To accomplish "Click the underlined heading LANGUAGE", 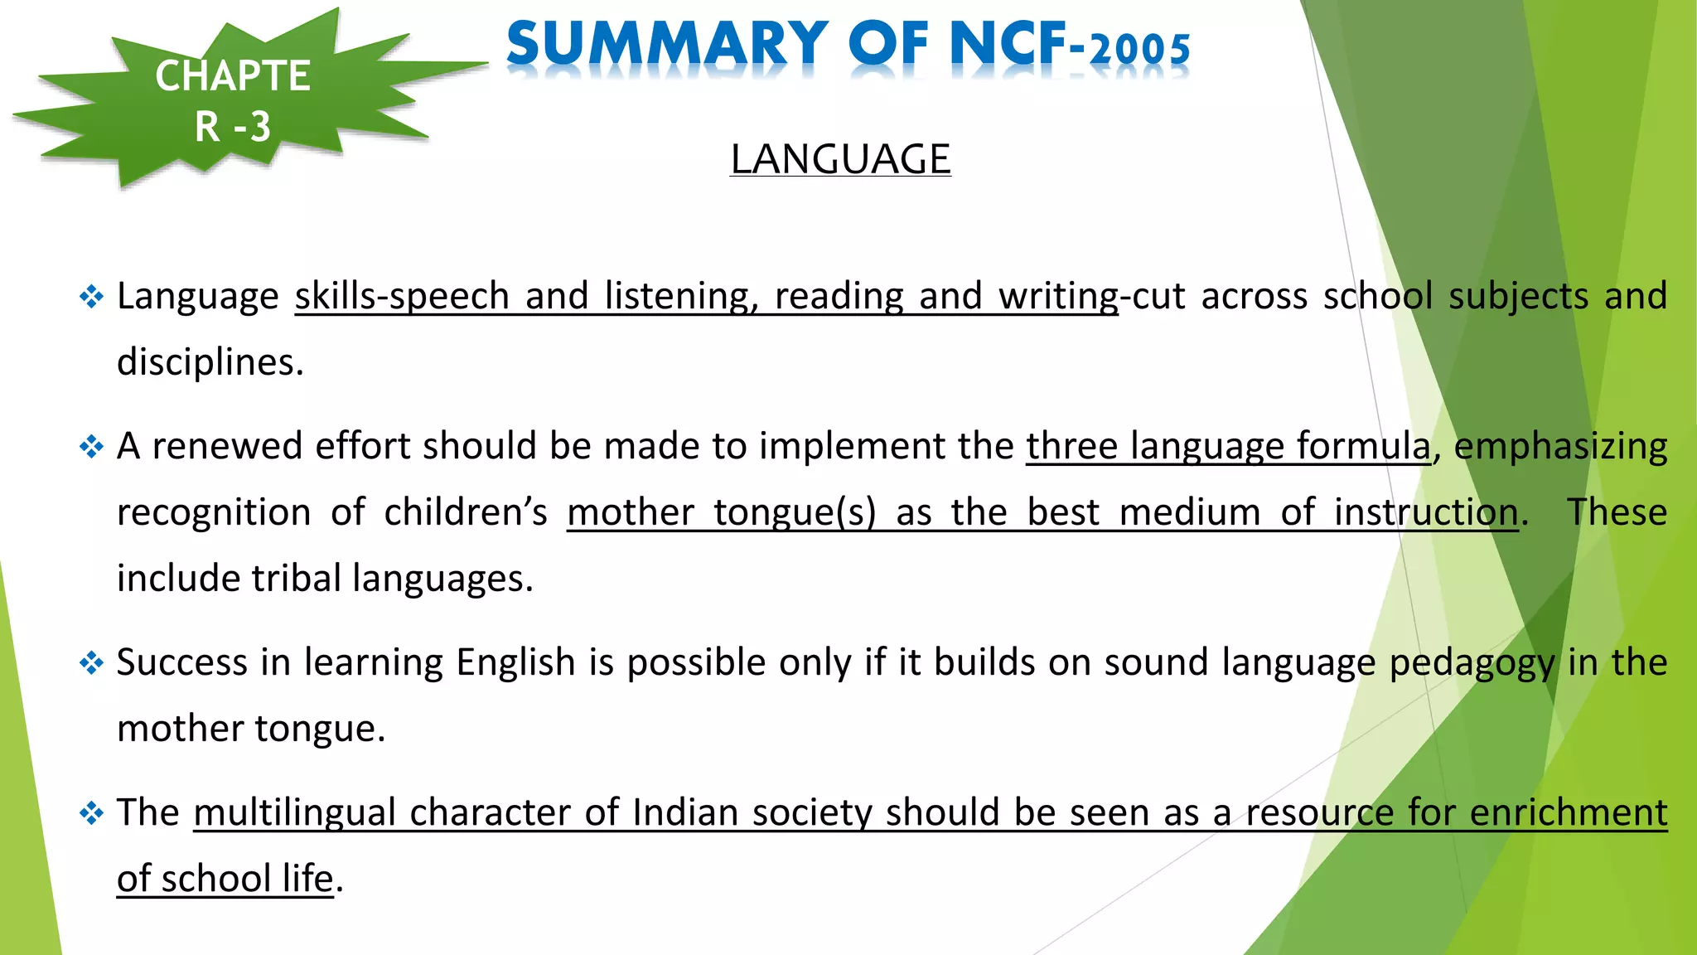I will pyautogui.click(x=840, y=159).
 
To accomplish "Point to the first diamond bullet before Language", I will pyautogui.click(x=91, y=297).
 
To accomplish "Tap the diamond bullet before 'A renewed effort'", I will pyautogui.click(x=91, y=447).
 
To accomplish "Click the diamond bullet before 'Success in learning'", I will pyautogui.click(x=91, y=663).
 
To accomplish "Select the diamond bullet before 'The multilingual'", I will pyautogui.click(x=91, y=813).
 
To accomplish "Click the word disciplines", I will pyautogui.click(x=210, y=362).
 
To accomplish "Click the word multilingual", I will pyautogui.click(x=294, y=812).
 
